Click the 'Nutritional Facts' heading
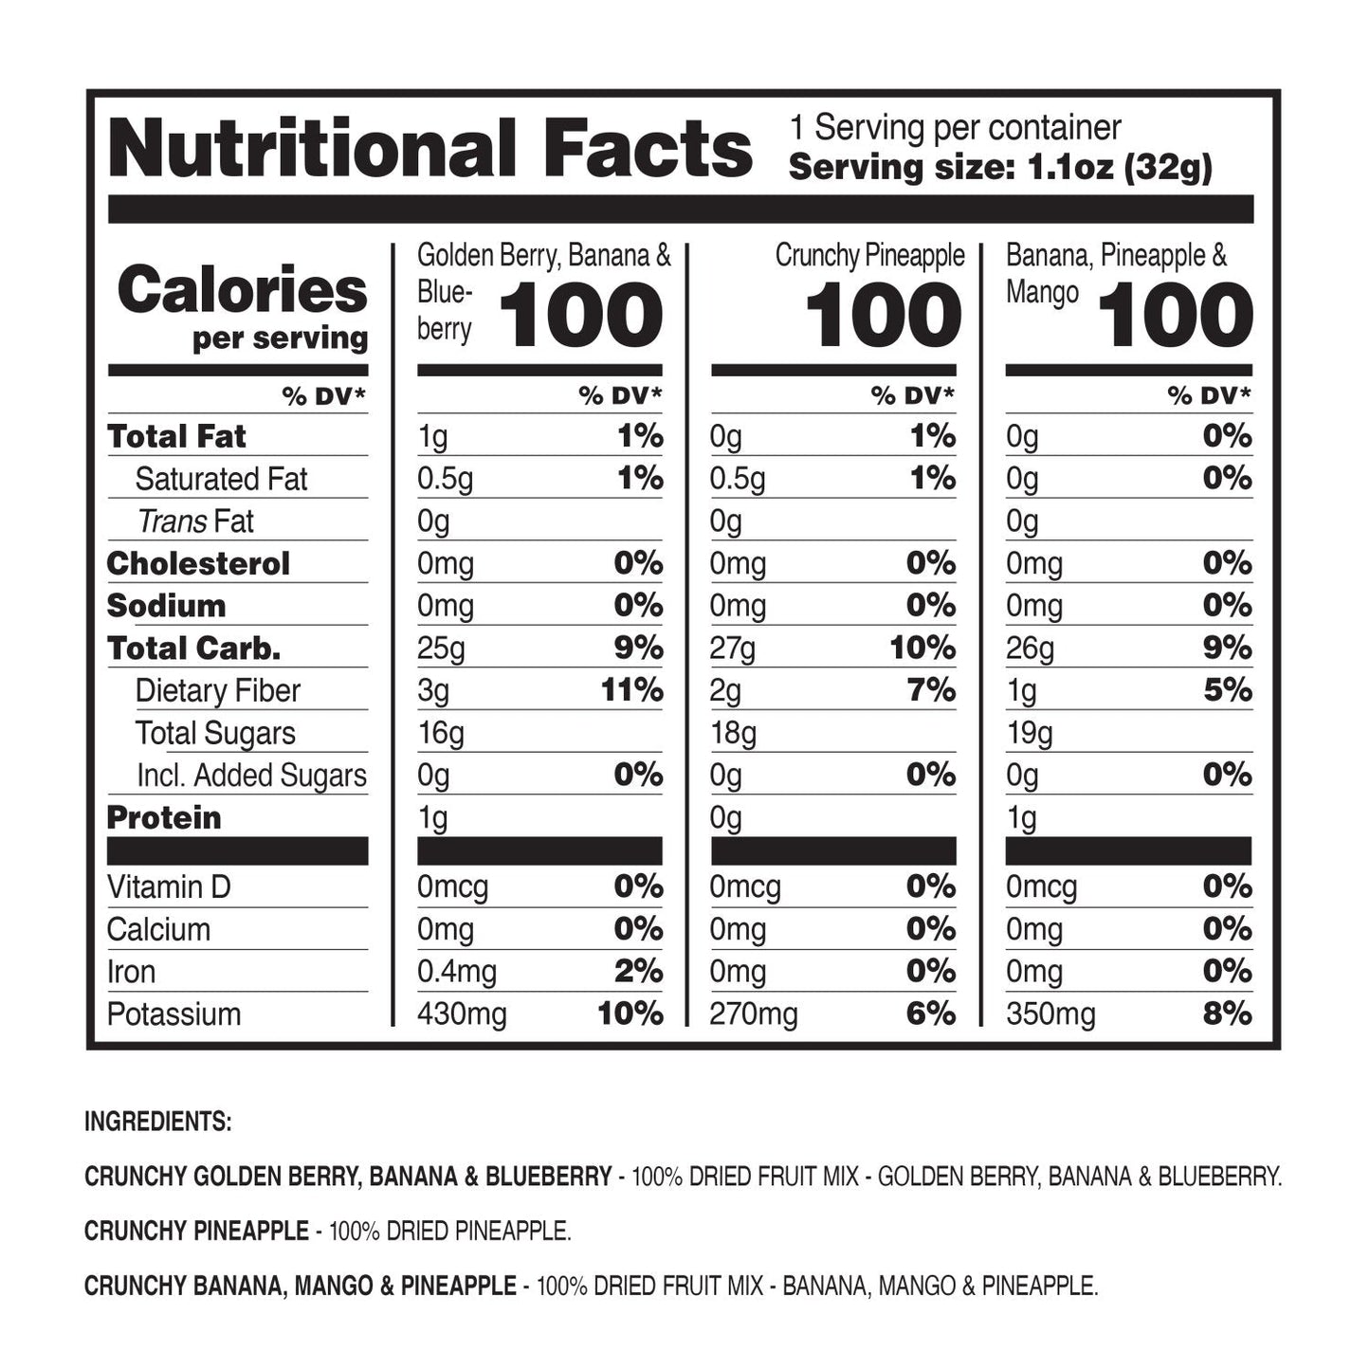click(x=430, y=150)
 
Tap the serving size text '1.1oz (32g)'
click(x=1120, y=169)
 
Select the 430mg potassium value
click(x=462, y=1014)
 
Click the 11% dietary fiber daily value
click(x=631, y=690)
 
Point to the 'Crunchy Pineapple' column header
click(x=869, y=256)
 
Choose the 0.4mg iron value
click(x=456, y=972)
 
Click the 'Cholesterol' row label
click(x=198, y=564)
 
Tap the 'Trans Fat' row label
click(x=195, y=521)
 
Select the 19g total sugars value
click(x=1029, y=734)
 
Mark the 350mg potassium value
click(x=1050, y=1014)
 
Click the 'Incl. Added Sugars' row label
click(x=251, y=776)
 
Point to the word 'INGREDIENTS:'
click(x=157, y=1122)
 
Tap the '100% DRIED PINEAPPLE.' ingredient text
click(x=450, y=1232)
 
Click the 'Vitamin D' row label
click(x=169, y=887)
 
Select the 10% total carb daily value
click(x=922, y=648)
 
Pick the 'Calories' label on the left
click(x=242, y=290)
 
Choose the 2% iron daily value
click(x=637, y=972)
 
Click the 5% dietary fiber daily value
click(x=1227, y=690)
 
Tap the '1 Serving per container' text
click(x=955, y=128)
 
